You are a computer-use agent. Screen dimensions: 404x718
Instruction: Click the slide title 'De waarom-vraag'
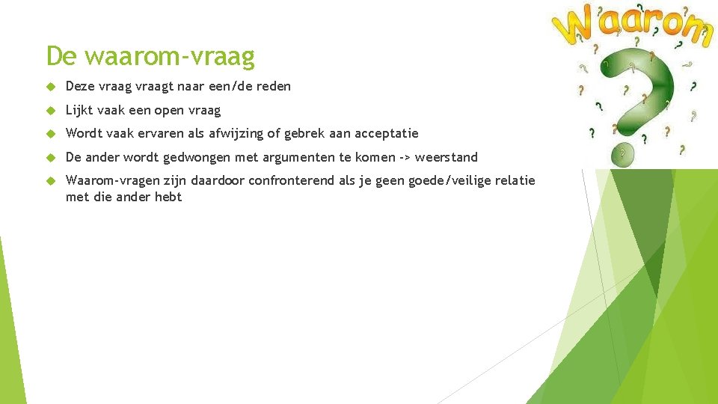150,56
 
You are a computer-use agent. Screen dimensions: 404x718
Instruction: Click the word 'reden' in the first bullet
273,87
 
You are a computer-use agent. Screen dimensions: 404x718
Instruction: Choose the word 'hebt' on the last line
168,198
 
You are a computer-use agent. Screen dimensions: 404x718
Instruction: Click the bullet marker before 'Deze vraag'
51,87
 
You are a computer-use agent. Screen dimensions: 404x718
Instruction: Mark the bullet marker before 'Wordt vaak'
51,134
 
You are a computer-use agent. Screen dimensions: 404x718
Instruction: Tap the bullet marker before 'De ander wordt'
51,158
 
